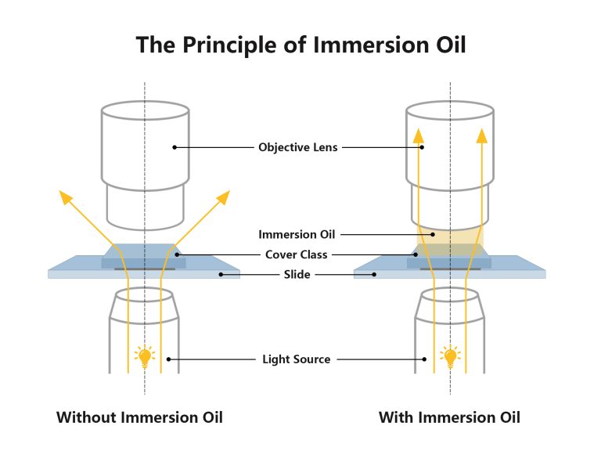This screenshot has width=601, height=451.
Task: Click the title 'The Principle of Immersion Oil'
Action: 300,44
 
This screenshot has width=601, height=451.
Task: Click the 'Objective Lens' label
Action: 297,146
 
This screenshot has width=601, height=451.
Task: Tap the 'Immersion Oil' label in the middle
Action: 297,233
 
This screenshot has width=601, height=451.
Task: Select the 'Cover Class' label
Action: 297,254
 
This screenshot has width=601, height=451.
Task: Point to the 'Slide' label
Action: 297,274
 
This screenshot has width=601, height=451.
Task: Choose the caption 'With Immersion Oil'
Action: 449,417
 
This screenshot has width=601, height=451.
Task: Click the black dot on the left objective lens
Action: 174,146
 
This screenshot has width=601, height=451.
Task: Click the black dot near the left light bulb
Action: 168,359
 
